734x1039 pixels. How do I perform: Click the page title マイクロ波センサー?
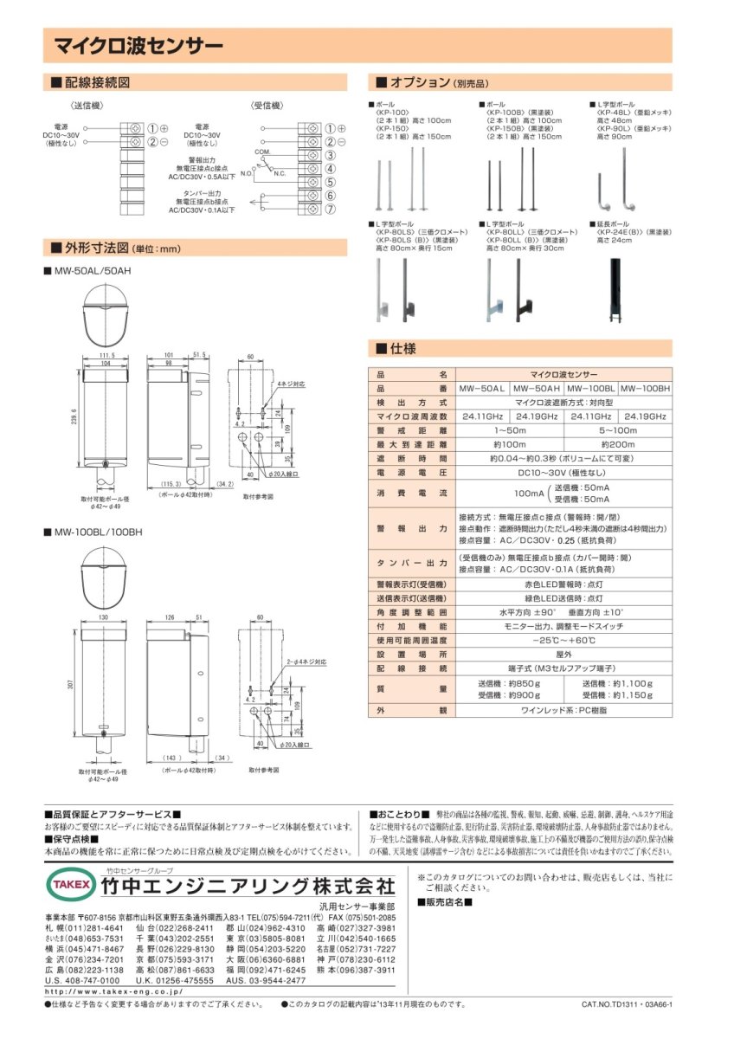point(138,45)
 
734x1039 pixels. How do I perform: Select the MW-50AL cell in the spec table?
point(483,389)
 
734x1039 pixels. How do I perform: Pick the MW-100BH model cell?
point(645,389)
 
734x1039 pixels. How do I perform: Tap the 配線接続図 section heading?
point(98,82)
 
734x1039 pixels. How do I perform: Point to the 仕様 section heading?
point(402,349)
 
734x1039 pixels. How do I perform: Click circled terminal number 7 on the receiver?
point(329,210)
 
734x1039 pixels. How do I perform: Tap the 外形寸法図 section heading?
point(98,248)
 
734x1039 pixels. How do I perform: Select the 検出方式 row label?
point(411,403)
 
